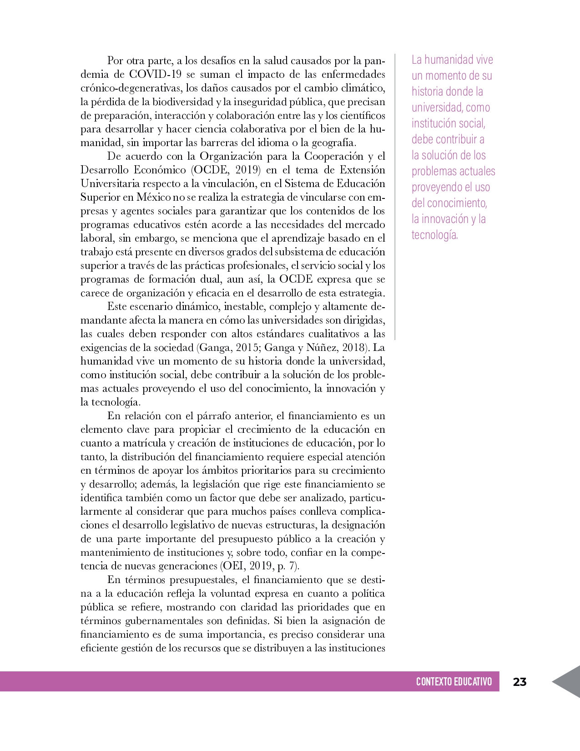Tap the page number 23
[x=519, y=682]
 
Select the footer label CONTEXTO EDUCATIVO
[x=454, y=682]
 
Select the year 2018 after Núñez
[x=354, y=347]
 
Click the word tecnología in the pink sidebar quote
[x=434, y=235]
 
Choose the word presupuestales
[x=203, y=579]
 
